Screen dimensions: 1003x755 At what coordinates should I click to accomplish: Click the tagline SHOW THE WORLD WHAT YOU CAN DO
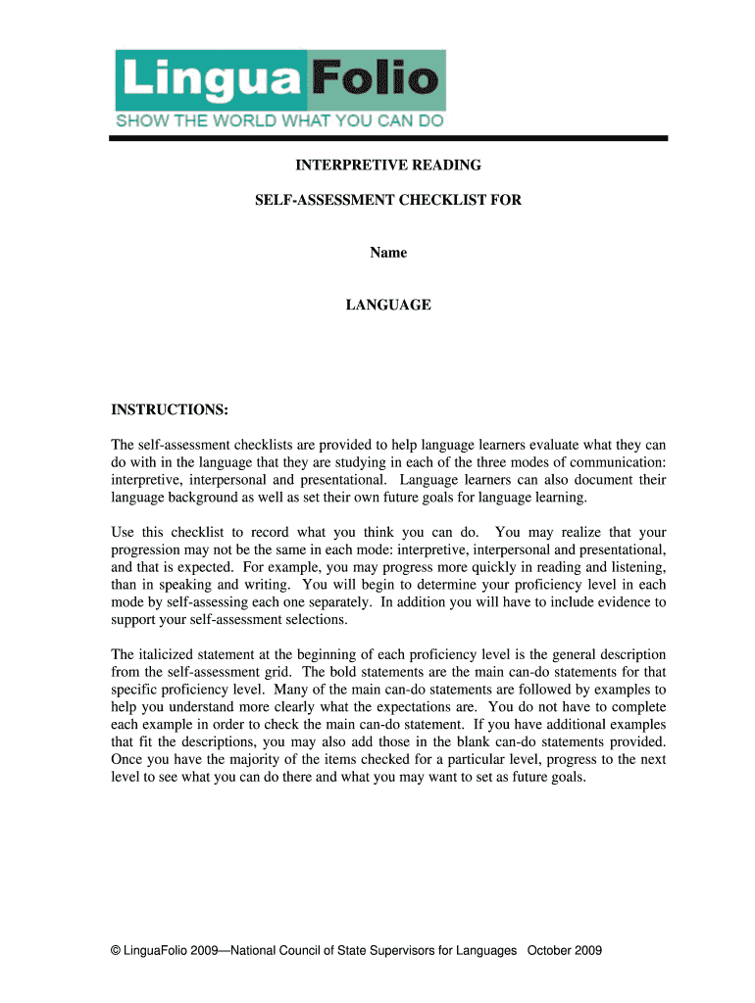280,121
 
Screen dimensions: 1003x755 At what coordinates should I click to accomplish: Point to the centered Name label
387,253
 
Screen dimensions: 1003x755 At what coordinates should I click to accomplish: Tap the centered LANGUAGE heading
387,305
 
